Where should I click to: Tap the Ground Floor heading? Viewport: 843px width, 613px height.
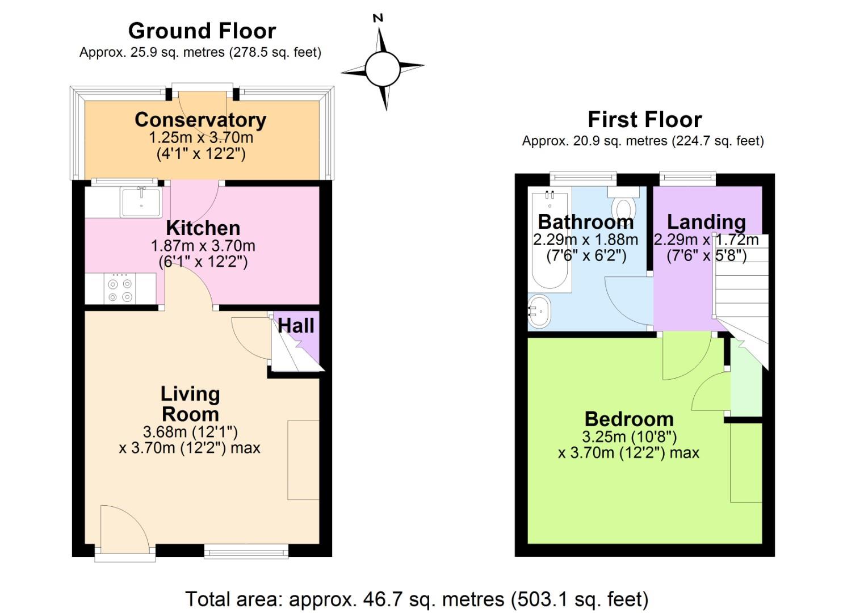(x=202, y=31)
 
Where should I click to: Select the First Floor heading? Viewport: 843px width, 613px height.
(x=644, y=120)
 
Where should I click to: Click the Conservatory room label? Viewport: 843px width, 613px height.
(x=200, y=120)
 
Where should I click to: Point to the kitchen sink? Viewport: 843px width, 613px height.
(x=140, y=202)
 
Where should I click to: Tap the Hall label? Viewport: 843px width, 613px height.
(x=296, y=326)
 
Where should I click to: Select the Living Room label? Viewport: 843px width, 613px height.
(x=190, y=404)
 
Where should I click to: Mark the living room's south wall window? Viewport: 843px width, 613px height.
(x=246, y=550)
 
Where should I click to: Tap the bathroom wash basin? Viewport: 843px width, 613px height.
(x=539, y=311)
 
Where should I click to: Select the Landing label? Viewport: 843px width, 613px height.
(x=706, y=221)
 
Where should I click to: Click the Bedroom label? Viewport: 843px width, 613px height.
(x=629, y=419)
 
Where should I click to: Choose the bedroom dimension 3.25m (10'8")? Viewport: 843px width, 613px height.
(x=629, y=436)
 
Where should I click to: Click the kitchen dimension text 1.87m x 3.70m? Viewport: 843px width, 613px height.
(x=203, y=246)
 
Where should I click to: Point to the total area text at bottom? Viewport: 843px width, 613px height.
(x=417, y=599)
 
